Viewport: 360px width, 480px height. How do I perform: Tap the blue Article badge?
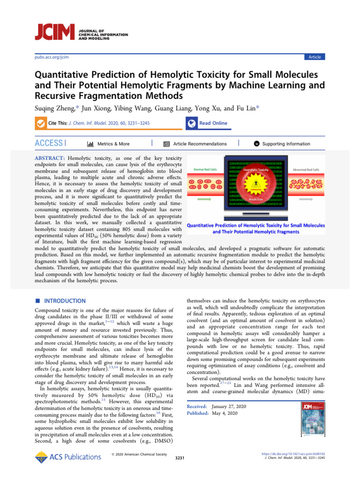314,57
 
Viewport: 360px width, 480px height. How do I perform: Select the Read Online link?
213,123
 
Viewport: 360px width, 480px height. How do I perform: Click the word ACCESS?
49,143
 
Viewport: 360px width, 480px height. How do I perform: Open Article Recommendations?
200,144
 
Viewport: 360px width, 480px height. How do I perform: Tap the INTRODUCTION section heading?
64,301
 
